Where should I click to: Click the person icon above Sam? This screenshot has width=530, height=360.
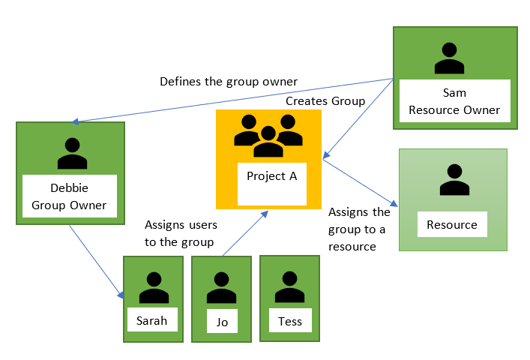coord(449,59)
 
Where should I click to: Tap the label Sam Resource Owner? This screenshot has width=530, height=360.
coord(455,101)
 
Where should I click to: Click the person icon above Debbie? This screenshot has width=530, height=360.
coord(72,153)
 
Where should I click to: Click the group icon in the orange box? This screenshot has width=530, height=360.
coord(268,136)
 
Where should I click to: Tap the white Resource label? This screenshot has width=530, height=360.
coord(452,224)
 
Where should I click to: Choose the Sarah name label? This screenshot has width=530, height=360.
coord(152,320)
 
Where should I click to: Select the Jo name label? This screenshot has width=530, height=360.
coord(221,322)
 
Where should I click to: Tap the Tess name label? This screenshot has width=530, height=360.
coord(289,322)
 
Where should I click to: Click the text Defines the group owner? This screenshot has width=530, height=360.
coord(229,81)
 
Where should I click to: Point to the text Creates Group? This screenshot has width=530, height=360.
coord(325,100)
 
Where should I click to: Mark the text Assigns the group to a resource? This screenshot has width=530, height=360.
coord(359,229)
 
